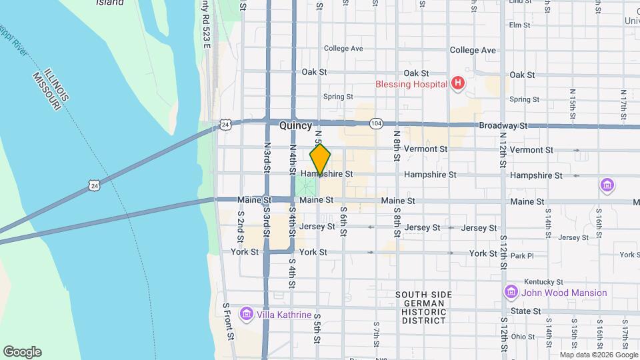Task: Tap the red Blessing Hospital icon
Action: pos(457,84)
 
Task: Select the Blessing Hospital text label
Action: pos(412,85)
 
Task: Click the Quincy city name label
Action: pos(295,125)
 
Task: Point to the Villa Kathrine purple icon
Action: pos(246,313)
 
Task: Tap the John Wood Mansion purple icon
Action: pos(511,292)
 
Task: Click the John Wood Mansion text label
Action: pos(565,293)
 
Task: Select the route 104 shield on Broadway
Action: pos(377,123)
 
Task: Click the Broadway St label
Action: pos(503,125)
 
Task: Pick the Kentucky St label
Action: pos(539,282)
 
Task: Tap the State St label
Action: pos(526,311)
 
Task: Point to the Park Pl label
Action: pos(521,255)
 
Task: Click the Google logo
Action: pos(22,352)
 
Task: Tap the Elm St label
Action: pos(519,25)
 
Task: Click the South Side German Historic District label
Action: pos(423,307)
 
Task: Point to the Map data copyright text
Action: pos(598,355)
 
